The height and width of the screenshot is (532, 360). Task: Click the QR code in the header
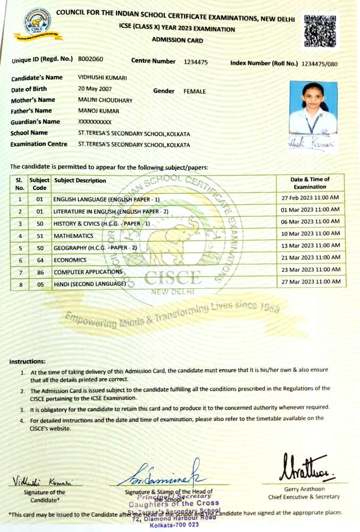point(321,31)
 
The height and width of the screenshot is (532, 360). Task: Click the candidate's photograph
point(313,107)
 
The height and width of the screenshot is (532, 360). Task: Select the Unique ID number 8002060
point(90,59)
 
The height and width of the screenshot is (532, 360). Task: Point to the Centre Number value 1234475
point(196,62)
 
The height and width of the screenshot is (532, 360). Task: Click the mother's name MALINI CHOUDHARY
point(105,100)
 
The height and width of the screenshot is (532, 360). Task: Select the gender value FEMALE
point(195,92)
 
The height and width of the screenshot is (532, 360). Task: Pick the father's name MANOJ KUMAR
point(98,111)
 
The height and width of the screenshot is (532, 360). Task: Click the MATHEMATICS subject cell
point(73,236)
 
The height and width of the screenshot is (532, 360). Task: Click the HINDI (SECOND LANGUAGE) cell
point(89,284)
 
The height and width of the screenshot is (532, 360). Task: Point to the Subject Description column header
point(80,181)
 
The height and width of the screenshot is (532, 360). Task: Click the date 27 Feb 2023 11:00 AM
point(310,198)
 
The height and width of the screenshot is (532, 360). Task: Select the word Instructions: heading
point(28,362)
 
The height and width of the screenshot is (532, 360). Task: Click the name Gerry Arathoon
point(305,489)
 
